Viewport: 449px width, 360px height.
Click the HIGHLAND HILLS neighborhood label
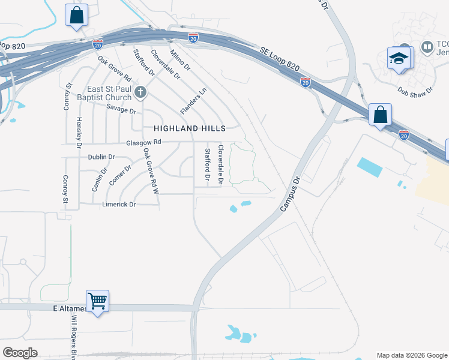click(x=190, y=128)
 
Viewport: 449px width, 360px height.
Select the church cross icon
click(x=140, y=92)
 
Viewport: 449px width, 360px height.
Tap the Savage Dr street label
click(x=121, y=108)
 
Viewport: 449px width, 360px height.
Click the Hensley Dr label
click(x=79, y=131)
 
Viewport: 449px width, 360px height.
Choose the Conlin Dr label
click(x=99, y=178)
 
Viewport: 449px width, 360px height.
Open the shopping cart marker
click(x=97, y=300)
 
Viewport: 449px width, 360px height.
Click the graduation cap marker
click(x=399, y=59)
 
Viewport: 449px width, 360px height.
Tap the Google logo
click(x=20, y=353)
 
